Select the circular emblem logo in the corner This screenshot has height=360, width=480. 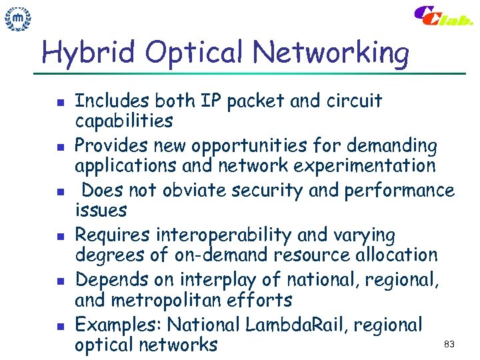(19, 19)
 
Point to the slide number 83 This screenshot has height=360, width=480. (449, 344)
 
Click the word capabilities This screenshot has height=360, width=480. (124, 121)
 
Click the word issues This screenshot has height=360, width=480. (101, 211)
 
